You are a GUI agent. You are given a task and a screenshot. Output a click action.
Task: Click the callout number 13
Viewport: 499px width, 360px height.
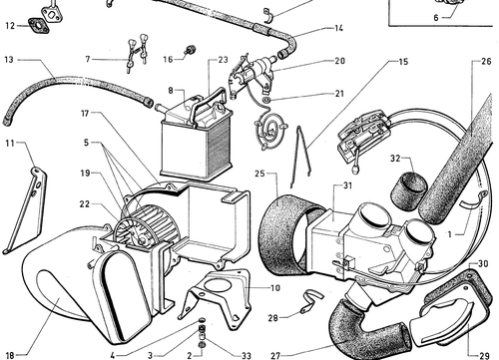(9, 60)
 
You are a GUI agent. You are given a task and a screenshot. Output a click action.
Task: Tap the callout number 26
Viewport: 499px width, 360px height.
(486, 61)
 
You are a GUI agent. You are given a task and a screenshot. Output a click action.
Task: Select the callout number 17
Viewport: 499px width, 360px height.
(85, 114)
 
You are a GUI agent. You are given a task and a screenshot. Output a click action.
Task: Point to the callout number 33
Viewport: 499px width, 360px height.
(247, 356)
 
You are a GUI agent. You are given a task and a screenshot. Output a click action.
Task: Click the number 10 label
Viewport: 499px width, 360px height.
(275, 288)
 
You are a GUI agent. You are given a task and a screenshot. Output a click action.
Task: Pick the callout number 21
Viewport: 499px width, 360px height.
(339, 94)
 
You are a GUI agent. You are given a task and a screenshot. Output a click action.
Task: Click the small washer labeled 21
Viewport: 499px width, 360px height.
(266, 100)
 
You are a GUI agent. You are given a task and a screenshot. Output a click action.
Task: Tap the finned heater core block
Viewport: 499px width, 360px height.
(197, 147)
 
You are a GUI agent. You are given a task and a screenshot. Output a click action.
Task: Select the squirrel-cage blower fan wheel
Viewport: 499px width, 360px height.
(147, 226)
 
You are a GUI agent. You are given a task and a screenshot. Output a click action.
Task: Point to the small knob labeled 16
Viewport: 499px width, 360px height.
(191, 50)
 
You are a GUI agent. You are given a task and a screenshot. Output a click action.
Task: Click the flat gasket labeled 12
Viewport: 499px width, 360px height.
(39, 26)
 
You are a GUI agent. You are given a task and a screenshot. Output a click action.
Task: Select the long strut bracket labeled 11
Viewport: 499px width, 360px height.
(25, 210)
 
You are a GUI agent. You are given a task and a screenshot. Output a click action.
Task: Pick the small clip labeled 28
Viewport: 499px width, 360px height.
(311, 301)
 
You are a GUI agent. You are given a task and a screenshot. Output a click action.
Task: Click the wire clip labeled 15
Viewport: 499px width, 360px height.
(300, 157)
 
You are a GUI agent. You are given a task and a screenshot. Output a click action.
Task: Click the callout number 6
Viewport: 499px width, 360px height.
(436, 18)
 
